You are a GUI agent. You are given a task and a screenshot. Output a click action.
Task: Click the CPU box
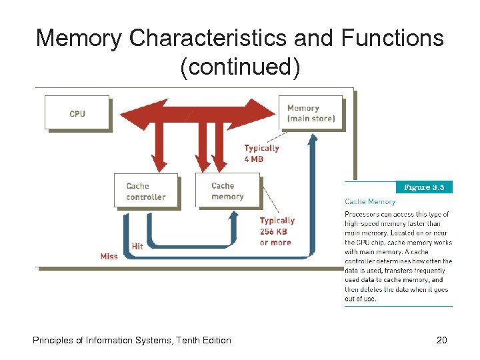[x=77, y=113]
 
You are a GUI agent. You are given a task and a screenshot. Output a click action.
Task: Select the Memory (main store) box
[x=310, y=113]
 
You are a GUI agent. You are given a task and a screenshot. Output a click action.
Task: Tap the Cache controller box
[x=146, y=191]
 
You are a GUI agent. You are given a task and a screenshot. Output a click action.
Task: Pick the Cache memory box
[x=227, y=191]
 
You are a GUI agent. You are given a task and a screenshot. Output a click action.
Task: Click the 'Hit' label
[x=137, y=246]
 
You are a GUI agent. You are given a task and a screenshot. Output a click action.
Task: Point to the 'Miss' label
[x=109, y=256]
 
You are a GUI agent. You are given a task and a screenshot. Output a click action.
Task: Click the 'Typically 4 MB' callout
[x=261, y=153]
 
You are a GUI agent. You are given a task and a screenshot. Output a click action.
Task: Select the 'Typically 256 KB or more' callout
[x=276, y=231]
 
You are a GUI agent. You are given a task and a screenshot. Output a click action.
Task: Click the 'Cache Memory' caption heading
[x=370, y=201]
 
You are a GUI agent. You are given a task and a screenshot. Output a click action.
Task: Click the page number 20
[x=441, y=340]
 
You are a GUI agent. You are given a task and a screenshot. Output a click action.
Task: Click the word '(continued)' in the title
[x=240, y=67]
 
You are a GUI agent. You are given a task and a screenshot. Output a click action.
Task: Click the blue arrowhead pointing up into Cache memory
[x=233, y=215]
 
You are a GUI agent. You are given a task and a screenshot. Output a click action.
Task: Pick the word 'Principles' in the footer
[x=53, y=340]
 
